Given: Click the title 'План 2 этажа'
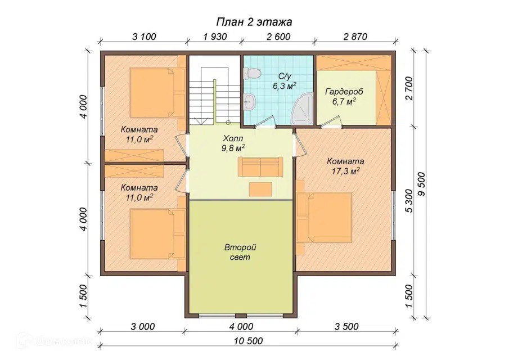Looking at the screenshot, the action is coord(254,22).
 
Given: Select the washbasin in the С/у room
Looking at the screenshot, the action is coord(250,102).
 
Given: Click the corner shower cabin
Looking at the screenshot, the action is coord(302,109).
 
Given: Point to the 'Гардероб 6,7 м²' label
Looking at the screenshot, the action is coord(344,96).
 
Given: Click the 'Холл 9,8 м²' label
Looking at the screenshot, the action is coord(233,143).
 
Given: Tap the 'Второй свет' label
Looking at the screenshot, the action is coord(240,252).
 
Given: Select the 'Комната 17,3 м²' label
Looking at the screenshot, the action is coord(346,166).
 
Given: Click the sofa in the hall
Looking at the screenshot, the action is coord(260,166).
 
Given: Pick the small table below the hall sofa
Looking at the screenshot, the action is coord(260,189).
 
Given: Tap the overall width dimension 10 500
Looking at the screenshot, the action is coord(249,341).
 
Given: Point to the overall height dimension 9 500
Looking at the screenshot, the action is coord(422,184).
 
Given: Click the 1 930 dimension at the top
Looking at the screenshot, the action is coord(215,37).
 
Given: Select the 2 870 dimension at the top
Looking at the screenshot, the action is coord(355,37).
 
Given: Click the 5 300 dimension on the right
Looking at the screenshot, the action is coord(409,201).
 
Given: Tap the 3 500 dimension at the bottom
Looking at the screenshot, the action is coord(346,326).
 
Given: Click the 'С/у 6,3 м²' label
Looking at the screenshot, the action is coord(285,81).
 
